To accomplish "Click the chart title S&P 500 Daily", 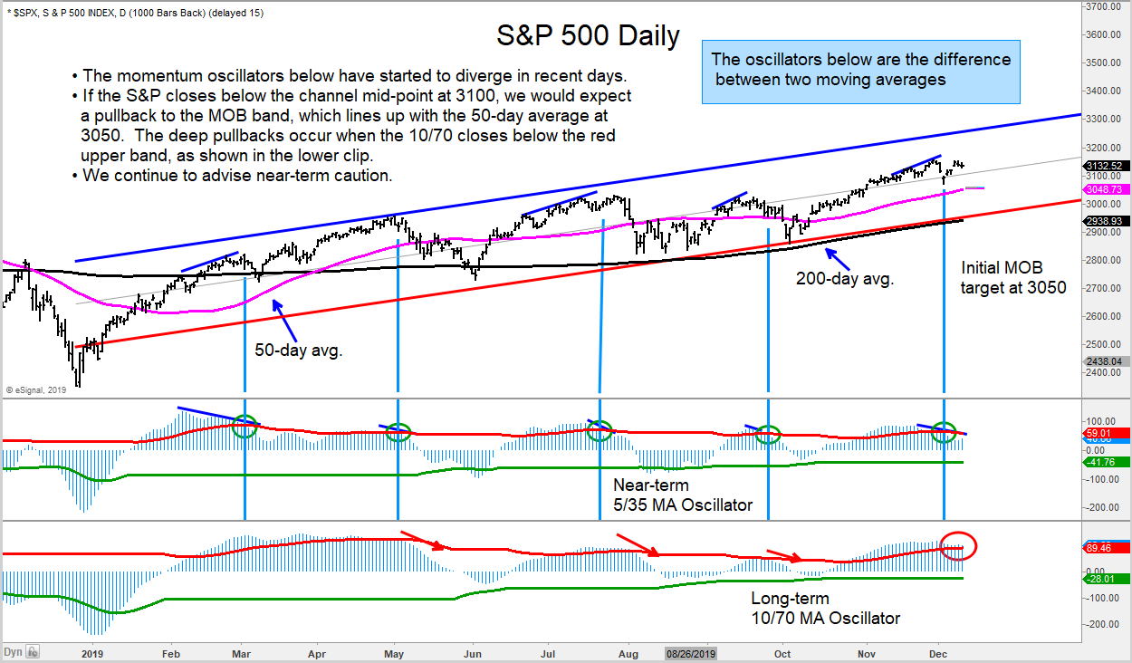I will [x=588, y=36].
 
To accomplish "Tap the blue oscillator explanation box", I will [x=861, y=70].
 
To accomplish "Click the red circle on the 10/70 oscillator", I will [x=957, y=545].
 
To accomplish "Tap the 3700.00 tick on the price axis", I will [x=1108, y=6].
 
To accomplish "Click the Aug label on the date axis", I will [x=628, y=652].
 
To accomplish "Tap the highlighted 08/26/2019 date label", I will [x=692, y=652].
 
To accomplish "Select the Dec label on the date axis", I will [x=938, y=652].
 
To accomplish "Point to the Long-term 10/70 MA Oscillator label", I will [x=825, y=609].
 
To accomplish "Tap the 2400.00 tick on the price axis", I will [x=1108, y=372].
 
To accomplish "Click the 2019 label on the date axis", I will [x=93, y=652].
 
